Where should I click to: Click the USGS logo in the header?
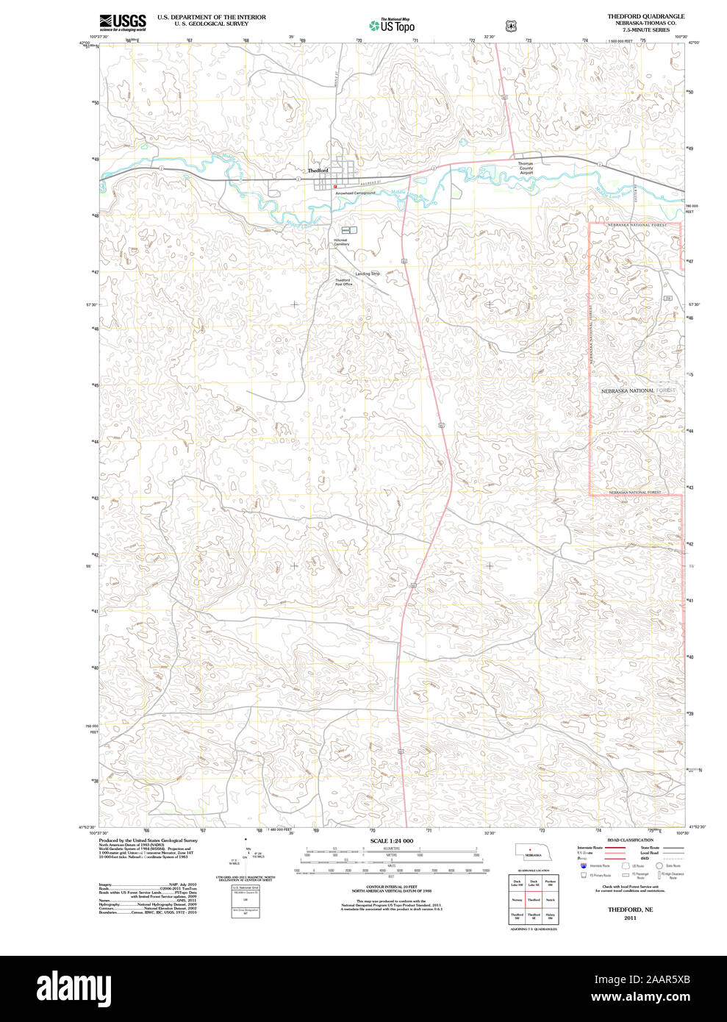point(123,22)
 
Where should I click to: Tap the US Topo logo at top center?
point(392,26)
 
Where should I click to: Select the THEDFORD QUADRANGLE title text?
point(645,16)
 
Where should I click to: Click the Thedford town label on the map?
point(318,171)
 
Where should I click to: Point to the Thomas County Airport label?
point(526,168)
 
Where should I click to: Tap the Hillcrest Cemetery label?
point(340,242)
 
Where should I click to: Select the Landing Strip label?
point(368,274)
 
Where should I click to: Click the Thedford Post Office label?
point(343,282)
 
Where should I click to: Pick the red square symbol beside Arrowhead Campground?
point(335,187)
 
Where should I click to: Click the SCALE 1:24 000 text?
point(391,840)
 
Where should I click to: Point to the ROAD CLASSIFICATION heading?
point(630,840)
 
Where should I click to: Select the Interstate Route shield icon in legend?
point(584,866)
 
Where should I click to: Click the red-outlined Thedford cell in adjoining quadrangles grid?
point(534,899)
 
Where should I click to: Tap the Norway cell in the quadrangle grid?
point(518,899)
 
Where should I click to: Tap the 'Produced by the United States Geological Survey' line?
point(148,840)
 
